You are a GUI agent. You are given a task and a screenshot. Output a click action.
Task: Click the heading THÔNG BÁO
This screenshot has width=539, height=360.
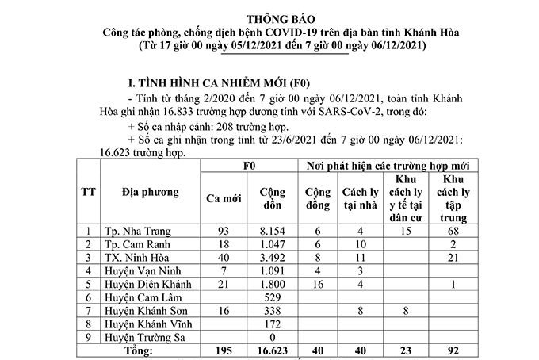click(x=269, y=17)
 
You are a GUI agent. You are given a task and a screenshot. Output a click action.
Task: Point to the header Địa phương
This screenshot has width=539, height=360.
click(x=151, y=192)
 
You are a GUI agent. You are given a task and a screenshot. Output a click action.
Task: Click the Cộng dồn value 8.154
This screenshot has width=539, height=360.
click(x=269, y=230)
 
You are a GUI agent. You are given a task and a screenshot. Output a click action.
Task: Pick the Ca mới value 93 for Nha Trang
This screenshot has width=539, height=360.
click(x=223, y=230)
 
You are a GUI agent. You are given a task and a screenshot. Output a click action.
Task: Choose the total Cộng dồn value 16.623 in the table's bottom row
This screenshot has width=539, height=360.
click(x=269, y=350)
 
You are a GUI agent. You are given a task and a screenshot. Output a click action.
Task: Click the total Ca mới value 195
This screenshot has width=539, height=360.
click(x=223, y=350)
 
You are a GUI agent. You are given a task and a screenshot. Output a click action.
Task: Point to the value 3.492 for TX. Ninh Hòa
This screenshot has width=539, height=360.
click(x=269, y=257)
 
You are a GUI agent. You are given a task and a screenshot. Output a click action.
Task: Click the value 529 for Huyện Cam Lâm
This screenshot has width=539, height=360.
click(x=269, y=297)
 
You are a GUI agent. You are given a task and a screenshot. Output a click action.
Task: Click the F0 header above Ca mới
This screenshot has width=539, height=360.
click(x=246, y=167)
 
